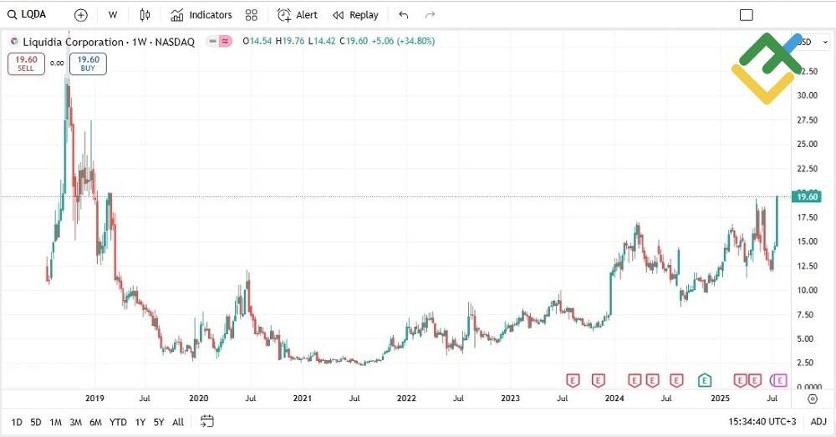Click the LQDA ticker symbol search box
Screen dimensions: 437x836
[33, 14]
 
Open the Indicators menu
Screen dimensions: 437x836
[201, 15]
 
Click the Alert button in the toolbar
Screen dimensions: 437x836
[298, 15]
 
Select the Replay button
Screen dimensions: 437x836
[355, 15]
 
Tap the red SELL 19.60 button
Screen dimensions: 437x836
[26, 64]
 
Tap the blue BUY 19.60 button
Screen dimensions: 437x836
[88, 64]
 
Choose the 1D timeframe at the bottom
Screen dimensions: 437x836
[17, 422]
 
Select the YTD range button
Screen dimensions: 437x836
[118, 422]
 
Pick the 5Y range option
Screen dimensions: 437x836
[158, 422]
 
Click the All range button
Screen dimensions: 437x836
[178, 422]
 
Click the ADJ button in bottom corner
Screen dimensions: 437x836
[818, 422]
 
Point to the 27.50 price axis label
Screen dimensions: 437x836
[807, 120]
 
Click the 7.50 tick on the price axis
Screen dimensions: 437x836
[807, 315]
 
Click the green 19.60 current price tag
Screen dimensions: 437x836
[808, 197]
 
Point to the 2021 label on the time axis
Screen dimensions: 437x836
[302, 399]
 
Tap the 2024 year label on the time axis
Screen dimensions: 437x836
[614, 399]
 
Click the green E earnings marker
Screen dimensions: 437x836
[705, 380]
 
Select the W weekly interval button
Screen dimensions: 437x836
[113, 15]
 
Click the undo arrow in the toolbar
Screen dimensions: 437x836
[404, 15]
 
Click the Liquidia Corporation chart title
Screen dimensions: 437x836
[102, 42]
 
